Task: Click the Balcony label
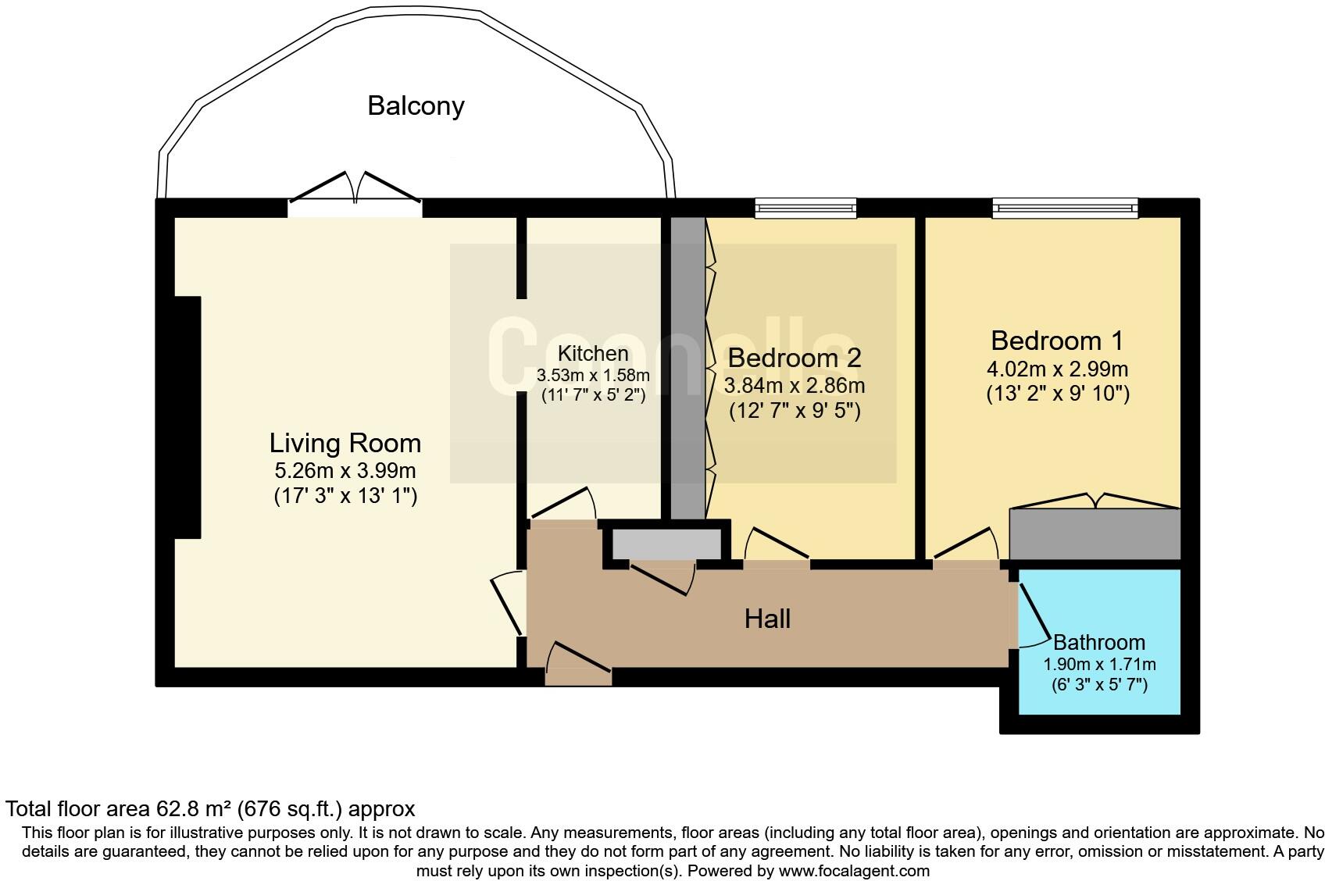point(416,105)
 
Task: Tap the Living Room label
point(345,443)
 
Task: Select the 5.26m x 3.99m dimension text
point(345,471)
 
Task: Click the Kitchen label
point(593,353)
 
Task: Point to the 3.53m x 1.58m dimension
point(593,376)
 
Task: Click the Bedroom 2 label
point(794,358)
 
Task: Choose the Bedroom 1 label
point(1057,341)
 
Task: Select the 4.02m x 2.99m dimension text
point(1057,369)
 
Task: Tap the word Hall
point(767,619)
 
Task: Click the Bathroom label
point(1099,642)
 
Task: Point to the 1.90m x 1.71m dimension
point(1099,665)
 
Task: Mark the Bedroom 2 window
point(805,208)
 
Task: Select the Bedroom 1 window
point(1065,208)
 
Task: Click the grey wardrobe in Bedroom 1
point(1094,533)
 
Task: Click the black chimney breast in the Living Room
point(187,417)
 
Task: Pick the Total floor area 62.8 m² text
point(209,808)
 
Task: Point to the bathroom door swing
point(1034,617)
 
